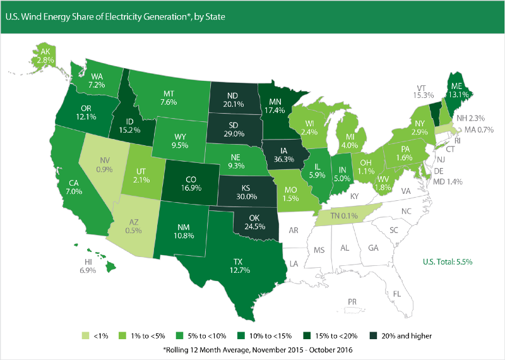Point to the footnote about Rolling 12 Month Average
[x=252, y=349]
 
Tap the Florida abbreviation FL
[x=397, y=294]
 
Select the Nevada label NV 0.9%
[x=104, y=165]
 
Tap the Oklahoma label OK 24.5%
[x=247, y=223]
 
